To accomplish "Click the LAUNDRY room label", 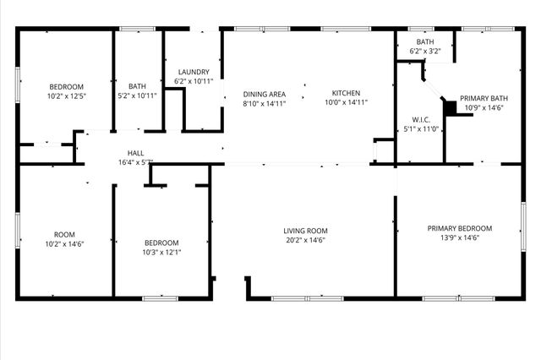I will pyautogui.click(x=194, y=72).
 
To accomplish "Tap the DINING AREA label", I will pyautogui.click(x=264, y=94).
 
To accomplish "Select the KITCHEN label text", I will pyautogui.click(x=346, y=93).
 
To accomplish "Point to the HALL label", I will pyautogui.click(x=135, y=153).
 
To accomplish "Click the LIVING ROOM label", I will pyautogui.click(x=305, y=231).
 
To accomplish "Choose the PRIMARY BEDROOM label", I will pyautogui.click(x=459, y=228).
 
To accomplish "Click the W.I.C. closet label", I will pyautogui.click(x=422, y=119).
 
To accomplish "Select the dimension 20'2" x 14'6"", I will pyautogui.click(x=305, y=241).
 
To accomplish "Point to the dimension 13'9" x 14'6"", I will pyautogui.click(x=459, y=238).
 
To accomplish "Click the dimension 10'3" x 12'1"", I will pyautogui.click(x=161, y=252).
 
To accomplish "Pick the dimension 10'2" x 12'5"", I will pyautogui.click(x=66, y=96).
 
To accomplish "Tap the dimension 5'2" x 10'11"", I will pyautogui.click(x=137, y=96).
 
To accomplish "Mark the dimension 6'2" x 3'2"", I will pyautogui.click(x=425, y=52).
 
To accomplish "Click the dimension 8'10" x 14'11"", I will pyautogui.click(x=264, y=104).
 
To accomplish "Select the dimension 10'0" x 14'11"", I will pyautogui.click(x=346, y=103).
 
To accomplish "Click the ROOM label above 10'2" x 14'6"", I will pyautogui.click(x=65, y=234).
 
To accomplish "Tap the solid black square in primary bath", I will pyautogui.click(x=450, y=107).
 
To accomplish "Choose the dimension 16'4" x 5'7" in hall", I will pyautogui.click(x=135, y=162).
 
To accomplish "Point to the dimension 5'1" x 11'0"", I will pyautogui.click(x=421, y=129).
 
